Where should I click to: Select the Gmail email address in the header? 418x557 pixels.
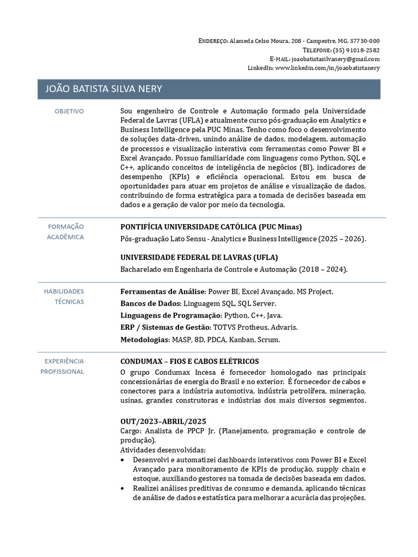[x=336, y=59]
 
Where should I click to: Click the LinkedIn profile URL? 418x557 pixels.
[x=328, y=67]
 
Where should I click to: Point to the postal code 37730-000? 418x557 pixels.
[x=364, y=41]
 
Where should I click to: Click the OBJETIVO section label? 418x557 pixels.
[x=69, y=112]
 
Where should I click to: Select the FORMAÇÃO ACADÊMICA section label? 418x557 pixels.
[x=66, y=232]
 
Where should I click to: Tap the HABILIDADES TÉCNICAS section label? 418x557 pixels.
[x=64, y=296]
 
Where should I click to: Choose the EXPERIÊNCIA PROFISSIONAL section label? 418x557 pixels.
[x=63, y=366]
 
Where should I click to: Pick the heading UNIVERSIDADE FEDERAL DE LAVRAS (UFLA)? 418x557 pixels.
[x=199, y=257]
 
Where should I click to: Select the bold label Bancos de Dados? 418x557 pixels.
[x=150, y=304]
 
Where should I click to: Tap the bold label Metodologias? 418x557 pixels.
[x=145, y=340]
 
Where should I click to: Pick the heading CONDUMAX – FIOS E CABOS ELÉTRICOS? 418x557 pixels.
[x=189, y=362]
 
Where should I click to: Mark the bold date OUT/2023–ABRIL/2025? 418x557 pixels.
[x=163, y=422]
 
